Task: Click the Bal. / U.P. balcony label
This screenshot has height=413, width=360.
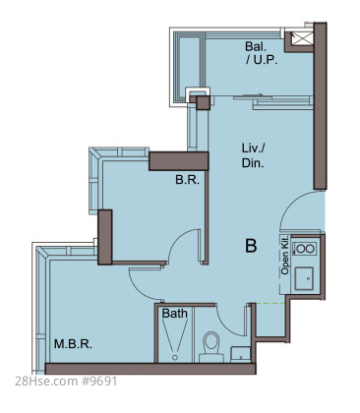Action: tap(261, 53)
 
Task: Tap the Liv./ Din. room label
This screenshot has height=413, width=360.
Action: tap(253, 155)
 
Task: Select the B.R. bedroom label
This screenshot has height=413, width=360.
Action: tap(187, 180)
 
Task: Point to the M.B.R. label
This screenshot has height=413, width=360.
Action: tap(73, 344)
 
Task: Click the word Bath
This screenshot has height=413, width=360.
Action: tap(175, 314)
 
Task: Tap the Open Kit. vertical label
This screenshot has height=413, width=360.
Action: tap(284, 255)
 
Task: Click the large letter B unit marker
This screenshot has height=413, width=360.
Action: tap(251, 246)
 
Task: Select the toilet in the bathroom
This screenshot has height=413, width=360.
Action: tap(210, 347)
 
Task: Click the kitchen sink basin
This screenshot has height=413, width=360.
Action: tap(304, 278)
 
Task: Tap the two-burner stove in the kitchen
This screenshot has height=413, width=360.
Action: tap(305, 249)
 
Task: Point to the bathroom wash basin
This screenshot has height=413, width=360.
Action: tap(240, 354)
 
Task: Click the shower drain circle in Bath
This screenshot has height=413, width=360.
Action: tap(175, 357)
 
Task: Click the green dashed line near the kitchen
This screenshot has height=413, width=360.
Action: tap(270, 304)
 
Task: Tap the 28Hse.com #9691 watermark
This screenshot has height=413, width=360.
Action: tap(66, 382)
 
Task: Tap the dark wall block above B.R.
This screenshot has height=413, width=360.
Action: tap(179, 161)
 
